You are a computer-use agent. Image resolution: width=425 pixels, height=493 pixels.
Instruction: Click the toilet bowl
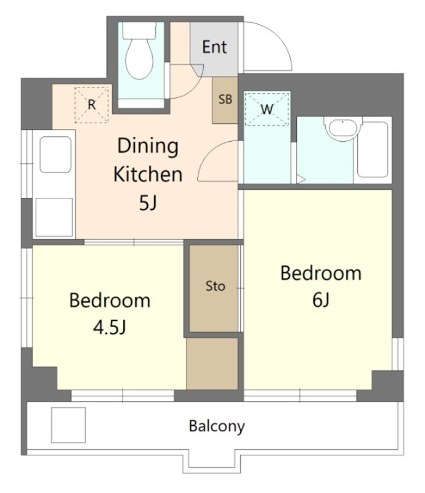[x=139, y=59]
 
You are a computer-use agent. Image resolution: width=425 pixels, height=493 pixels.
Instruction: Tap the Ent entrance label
[x=214, y=47]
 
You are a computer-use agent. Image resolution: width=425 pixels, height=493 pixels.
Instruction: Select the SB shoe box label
[x=225, y=99]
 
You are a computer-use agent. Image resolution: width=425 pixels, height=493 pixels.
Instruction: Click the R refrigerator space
[x=92, y=105]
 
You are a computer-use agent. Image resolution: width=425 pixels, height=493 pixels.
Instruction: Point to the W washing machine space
[x=267, y=109]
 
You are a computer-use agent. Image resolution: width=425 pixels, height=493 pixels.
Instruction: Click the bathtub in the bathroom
[x=373, y=150]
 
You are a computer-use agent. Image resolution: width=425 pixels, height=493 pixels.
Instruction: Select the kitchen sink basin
[x=55, y=154]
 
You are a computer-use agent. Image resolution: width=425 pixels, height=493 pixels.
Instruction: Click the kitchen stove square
[x=54, y=217]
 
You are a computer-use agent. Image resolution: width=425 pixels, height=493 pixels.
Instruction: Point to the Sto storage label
[x=216, y=286]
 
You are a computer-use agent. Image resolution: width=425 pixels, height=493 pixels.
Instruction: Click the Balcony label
[x=217, y=426]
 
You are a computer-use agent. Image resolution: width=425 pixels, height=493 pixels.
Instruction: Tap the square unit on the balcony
[x=68, y=425]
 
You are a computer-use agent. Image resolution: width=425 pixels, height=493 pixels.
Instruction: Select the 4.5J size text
[x=110, y=327]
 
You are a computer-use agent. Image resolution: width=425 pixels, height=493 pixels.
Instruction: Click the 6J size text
[x=321, y=299]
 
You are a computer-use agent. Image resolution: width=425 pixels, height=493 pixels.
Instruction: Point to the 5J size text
[x=148, y=203]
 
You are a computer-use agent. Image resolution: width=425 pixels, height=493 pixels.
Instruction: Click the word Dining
[x=148, y=147]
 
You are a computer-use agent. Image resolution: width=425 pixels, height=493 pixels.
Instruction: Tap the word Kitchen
[x=148, y=174]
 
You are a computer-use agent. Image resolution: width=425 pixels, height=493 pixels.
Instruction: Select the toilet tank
[x=139, y=30]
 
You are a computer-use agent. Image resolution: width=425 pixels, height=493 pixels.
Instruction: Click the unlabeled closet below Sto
[x=212, y=364]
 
